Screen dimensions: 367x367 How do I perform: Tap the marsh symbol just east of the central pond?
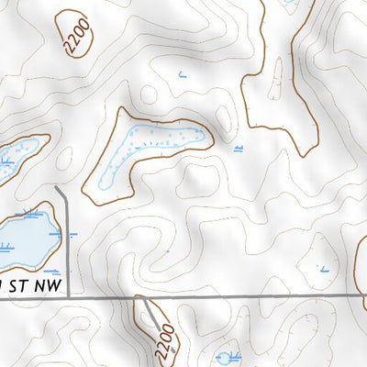coord(239,147)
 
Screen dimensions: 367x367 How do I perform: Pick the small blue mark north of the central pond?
coord(183,73)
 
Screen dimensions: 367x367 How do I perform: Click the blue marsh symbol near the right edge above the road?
coord(323,269)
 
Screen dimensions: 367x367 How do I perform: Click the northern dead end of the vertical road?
coord(58,187)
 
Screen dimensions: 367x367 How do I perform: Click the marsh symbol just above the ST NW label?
coord(51,272)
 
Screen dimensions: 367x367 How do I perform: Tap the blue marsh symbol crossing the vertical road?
coord(64,234)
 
